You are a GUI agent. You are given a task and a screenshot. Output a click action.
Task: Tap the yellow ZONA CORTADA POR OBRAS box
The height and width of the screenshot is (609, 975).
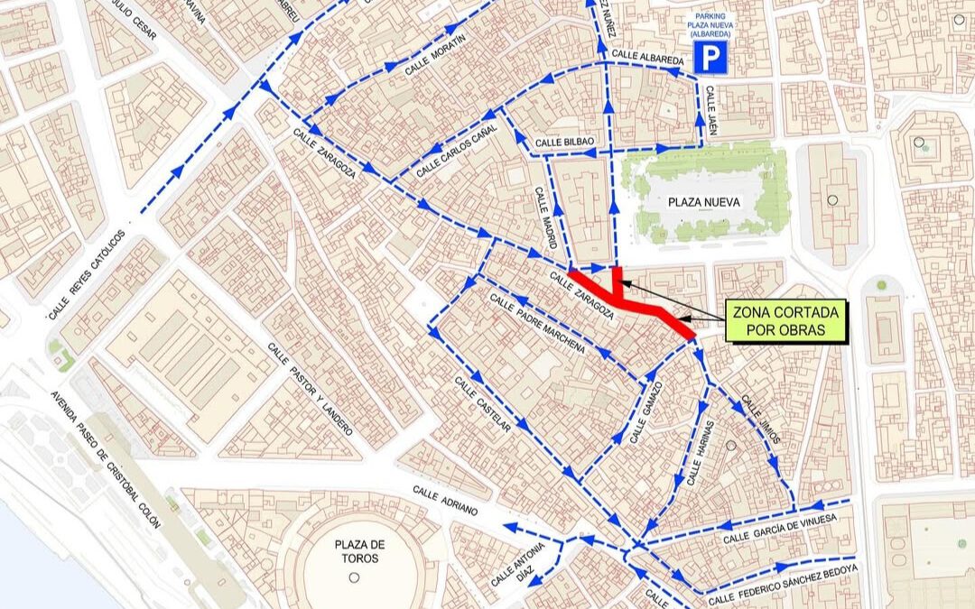point(785,321)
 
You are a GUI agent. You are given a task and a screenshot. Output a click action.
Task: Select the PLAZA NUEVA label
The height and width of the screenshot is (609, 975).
point(704,202)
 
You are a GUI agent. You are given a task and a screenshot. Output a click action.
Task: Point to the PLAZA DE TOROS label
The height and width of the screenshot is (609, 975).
point(359,551)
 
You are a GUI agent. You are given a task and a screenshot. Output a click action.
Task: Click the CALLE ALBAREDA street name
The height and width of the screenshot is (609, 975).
point(647,57)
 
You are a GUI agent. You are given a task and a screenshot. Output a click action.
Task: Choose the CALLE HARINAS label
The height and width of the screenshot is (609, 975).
point(701,454)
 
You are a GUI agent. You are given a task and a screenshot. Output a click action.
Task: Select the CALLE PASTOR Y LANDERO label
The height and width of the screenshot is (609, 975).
point(310,396)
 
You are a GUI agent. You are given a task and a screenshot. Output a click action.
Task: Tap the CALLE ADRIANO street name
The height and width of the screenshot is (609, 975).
point(444,500)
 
